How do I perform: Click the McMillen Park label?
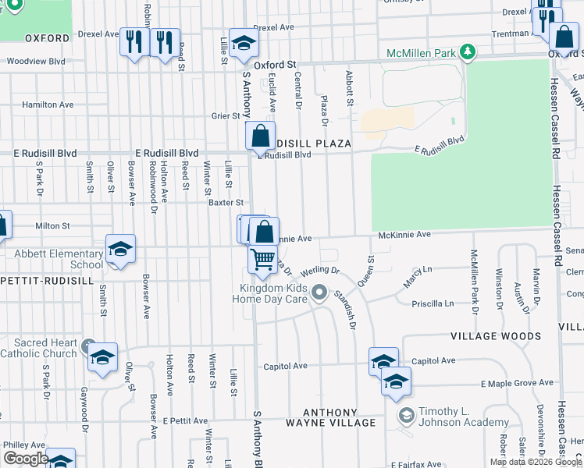click(420, 53)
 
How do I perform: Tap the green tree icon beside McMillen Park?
click(468, 52)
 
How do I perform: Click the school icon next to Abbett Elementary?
click(120, 249)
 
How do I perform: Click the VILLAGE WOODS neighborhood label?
click(495, 336)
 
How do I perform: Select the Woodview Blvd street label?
click(36, 61)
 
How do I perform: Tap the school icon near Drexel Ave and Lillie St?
click(244, 46)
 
